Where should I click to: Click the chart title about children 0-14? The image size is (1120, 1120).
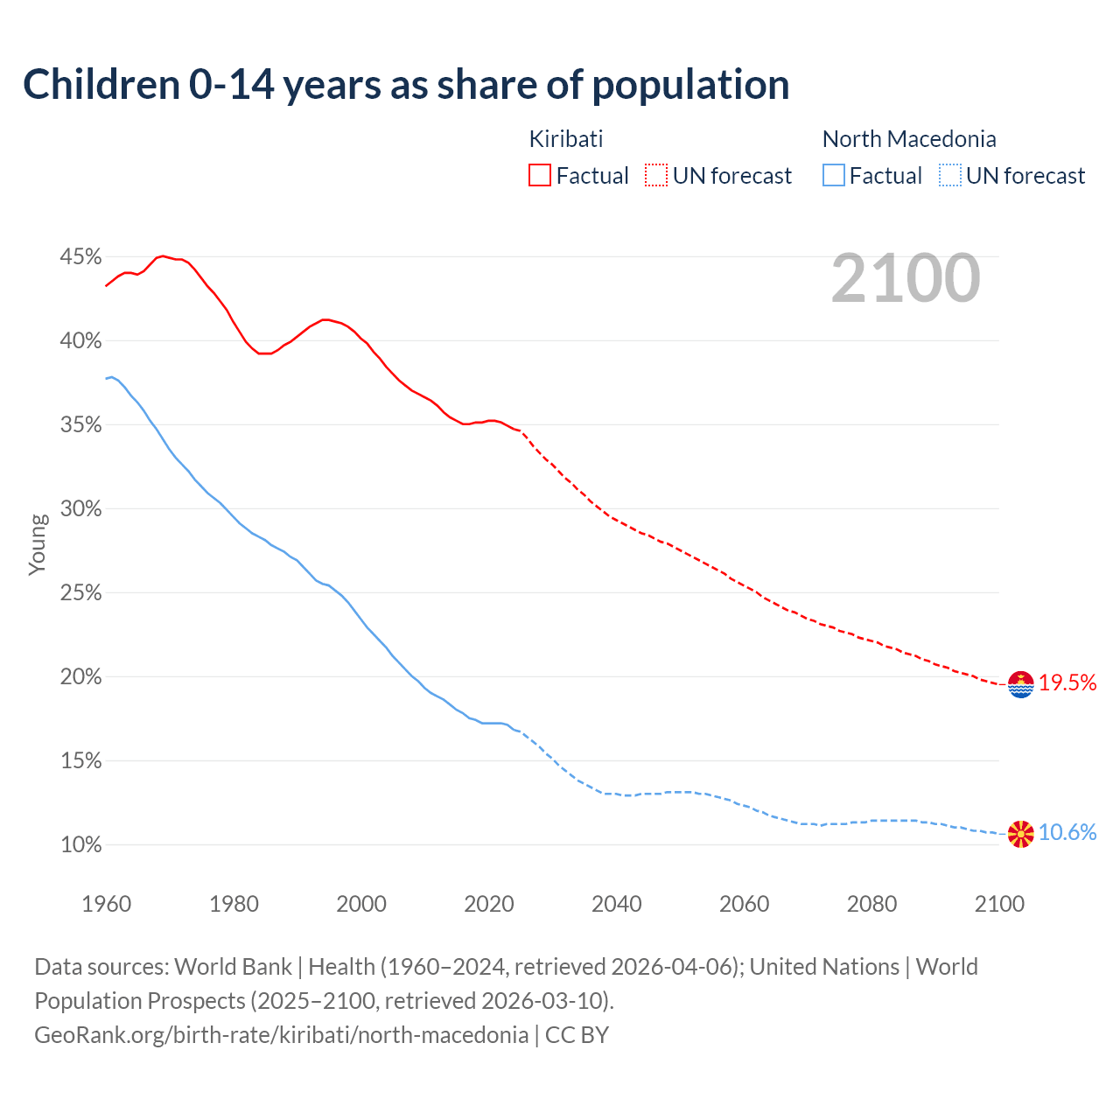[406, 85]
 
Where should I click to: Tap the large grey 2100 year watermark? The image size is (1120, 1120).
[906, 278]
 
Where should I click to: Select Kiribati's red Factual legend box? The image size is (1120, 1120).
[540, 176]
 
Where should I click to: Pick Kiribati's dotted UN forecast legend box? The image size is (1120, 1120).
[656, 176]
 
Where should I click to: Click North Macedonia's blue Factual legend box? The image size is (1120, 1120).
[834, 176]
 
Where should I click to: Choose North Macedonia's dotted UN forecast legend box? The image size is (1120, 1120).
[949, 176]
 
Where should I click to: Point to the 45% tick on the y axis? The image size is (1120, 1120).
[80, 257]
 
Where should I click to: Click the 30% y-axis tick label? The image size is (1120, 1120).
[80, 509]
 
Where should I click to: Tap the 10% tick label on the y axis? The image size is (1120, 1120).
[80, 845]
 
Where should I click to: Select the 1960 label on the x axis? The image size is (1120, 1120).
[107, 904]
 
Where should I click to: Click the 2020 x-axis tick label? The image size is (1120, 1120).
[489, 904]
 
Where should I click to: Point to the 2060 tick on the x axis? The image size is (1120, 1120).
[744, 904]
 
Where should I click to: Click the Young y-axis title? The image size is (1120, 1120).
[38, 544]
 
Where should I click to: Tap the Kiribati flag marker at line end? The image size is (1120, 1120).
[1021, 684]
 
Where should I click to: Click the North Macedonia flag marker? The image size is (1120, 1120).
[1021, 834]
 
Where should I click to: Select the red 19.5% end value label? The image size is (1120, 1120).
[1067, 683]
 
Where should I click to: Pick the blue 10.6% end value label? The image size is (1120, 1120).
[1067, 833]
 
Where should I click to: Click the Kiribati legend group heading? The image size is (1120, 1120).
[566, 139]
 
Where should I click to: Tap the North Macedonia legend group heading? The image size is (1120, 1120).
[909, 139]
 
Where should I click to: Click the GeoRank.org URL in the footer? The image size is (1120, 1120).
[281, 1035]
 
